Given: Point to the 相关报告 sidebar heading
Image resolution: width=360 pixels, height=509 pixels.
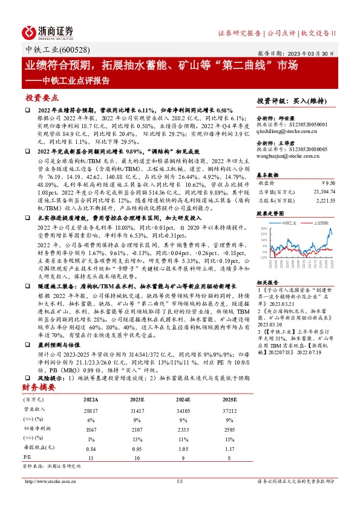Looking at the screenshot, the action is point(267,282).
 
